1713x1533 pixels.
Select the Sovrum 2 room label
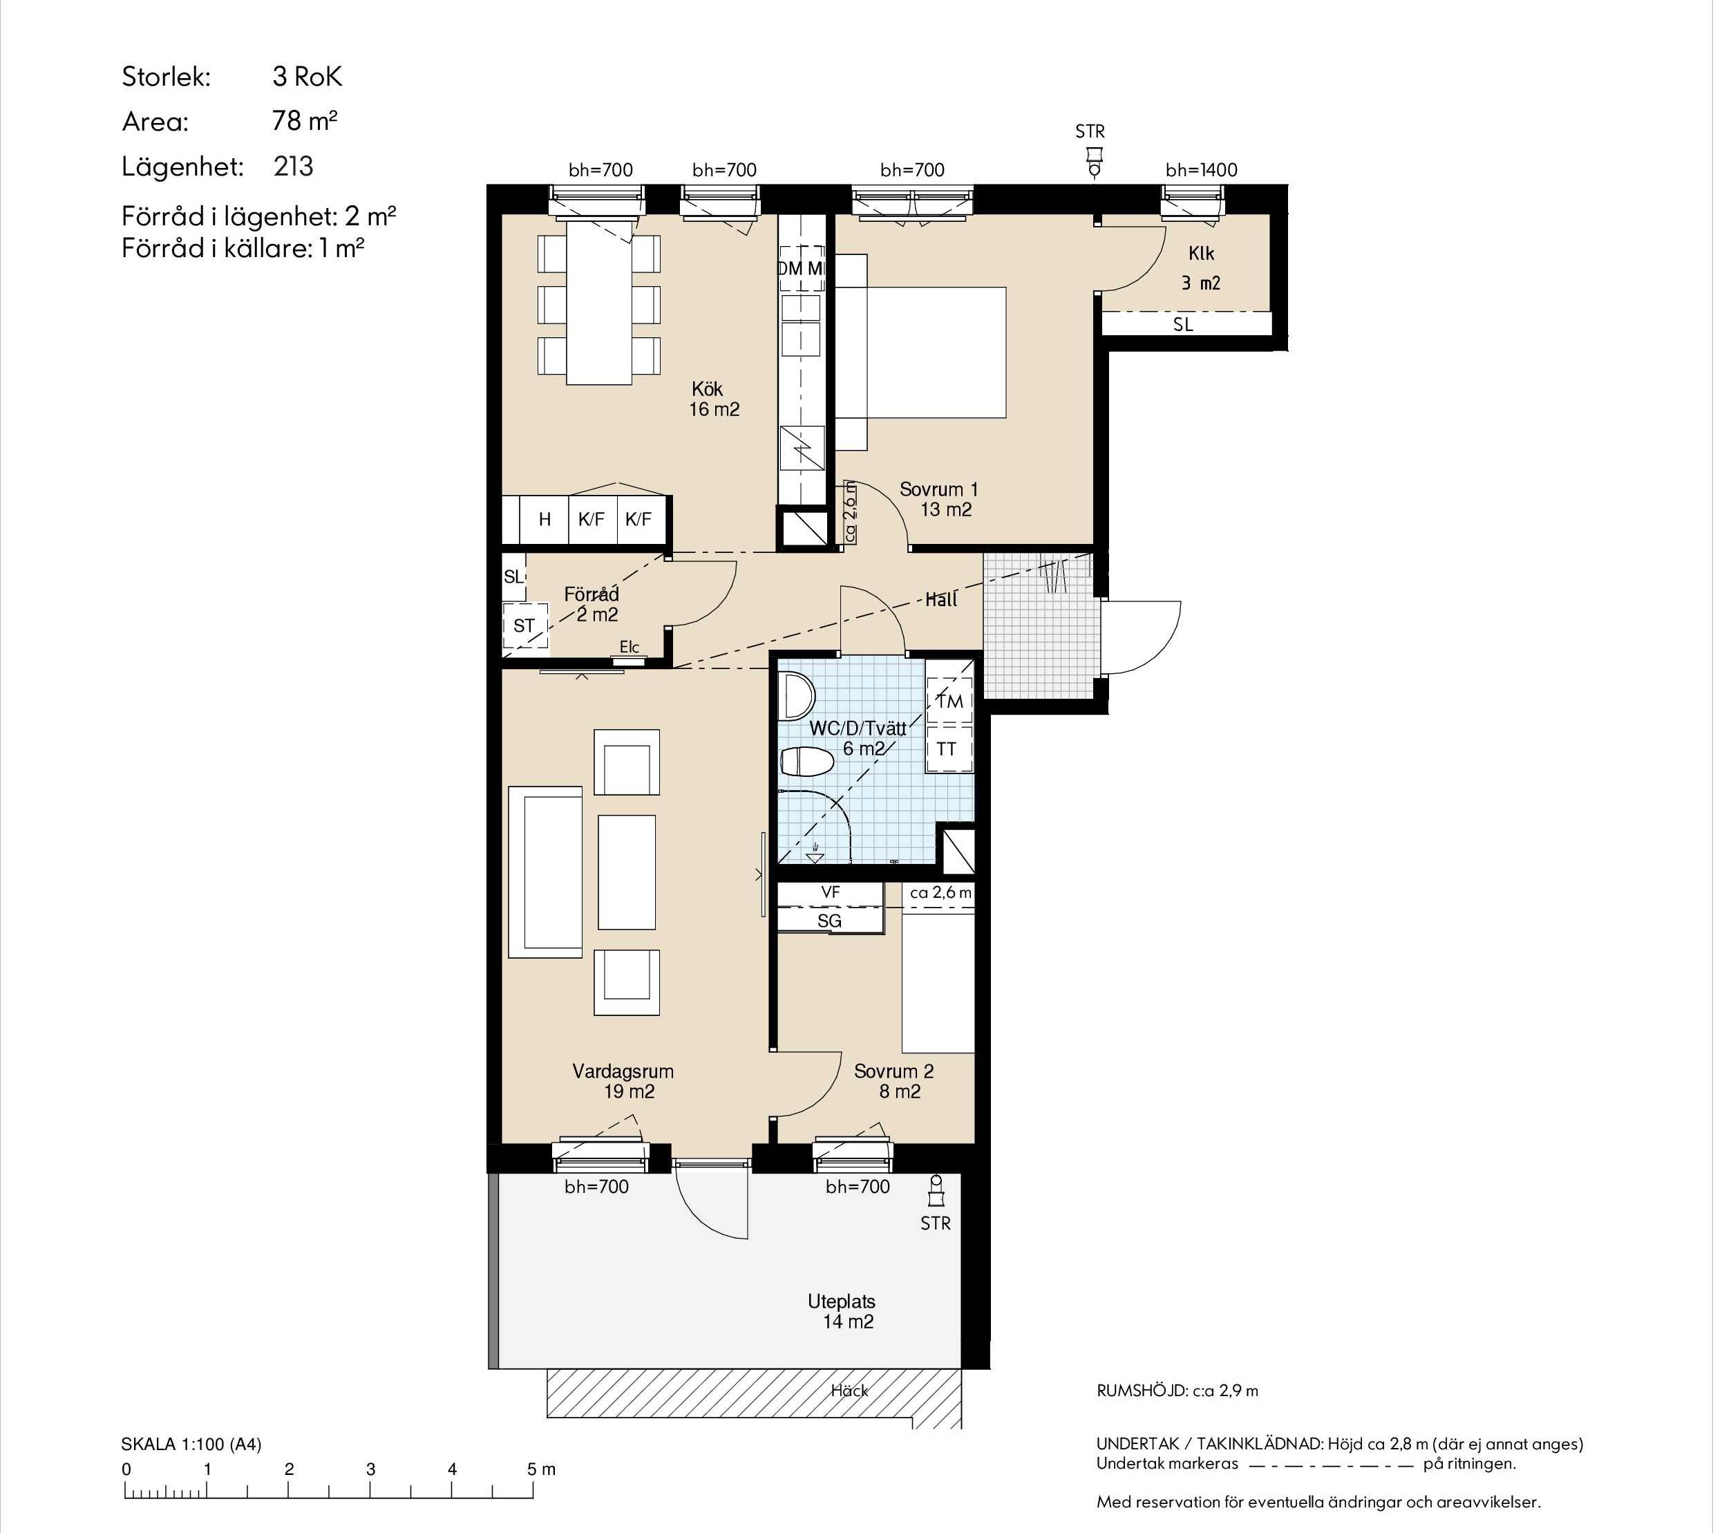coord(893,1082)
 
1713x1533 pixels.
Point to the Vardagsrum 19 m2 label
coord(623,1082)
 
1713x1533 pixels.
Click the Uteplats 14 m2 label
coord(842,1311)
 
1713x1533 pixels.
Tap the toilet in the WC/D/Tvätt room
coord(807,762)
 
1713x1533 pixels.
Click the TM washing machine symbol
coord(949,701)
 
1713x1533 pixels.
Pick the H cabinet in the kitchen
coord(545,520)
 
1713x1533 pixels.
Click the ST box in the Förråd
coord(524,626)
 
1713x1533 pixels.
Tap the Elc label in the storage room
coord(629,647)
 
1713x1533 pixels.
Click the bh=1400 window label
coord(1201,170)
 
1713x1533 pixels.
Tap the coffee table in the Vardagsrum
coord(627,872)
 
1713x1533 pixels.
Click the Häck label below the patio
coord(849,1391)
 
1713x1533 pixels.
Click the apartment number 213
coord(293,166)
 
